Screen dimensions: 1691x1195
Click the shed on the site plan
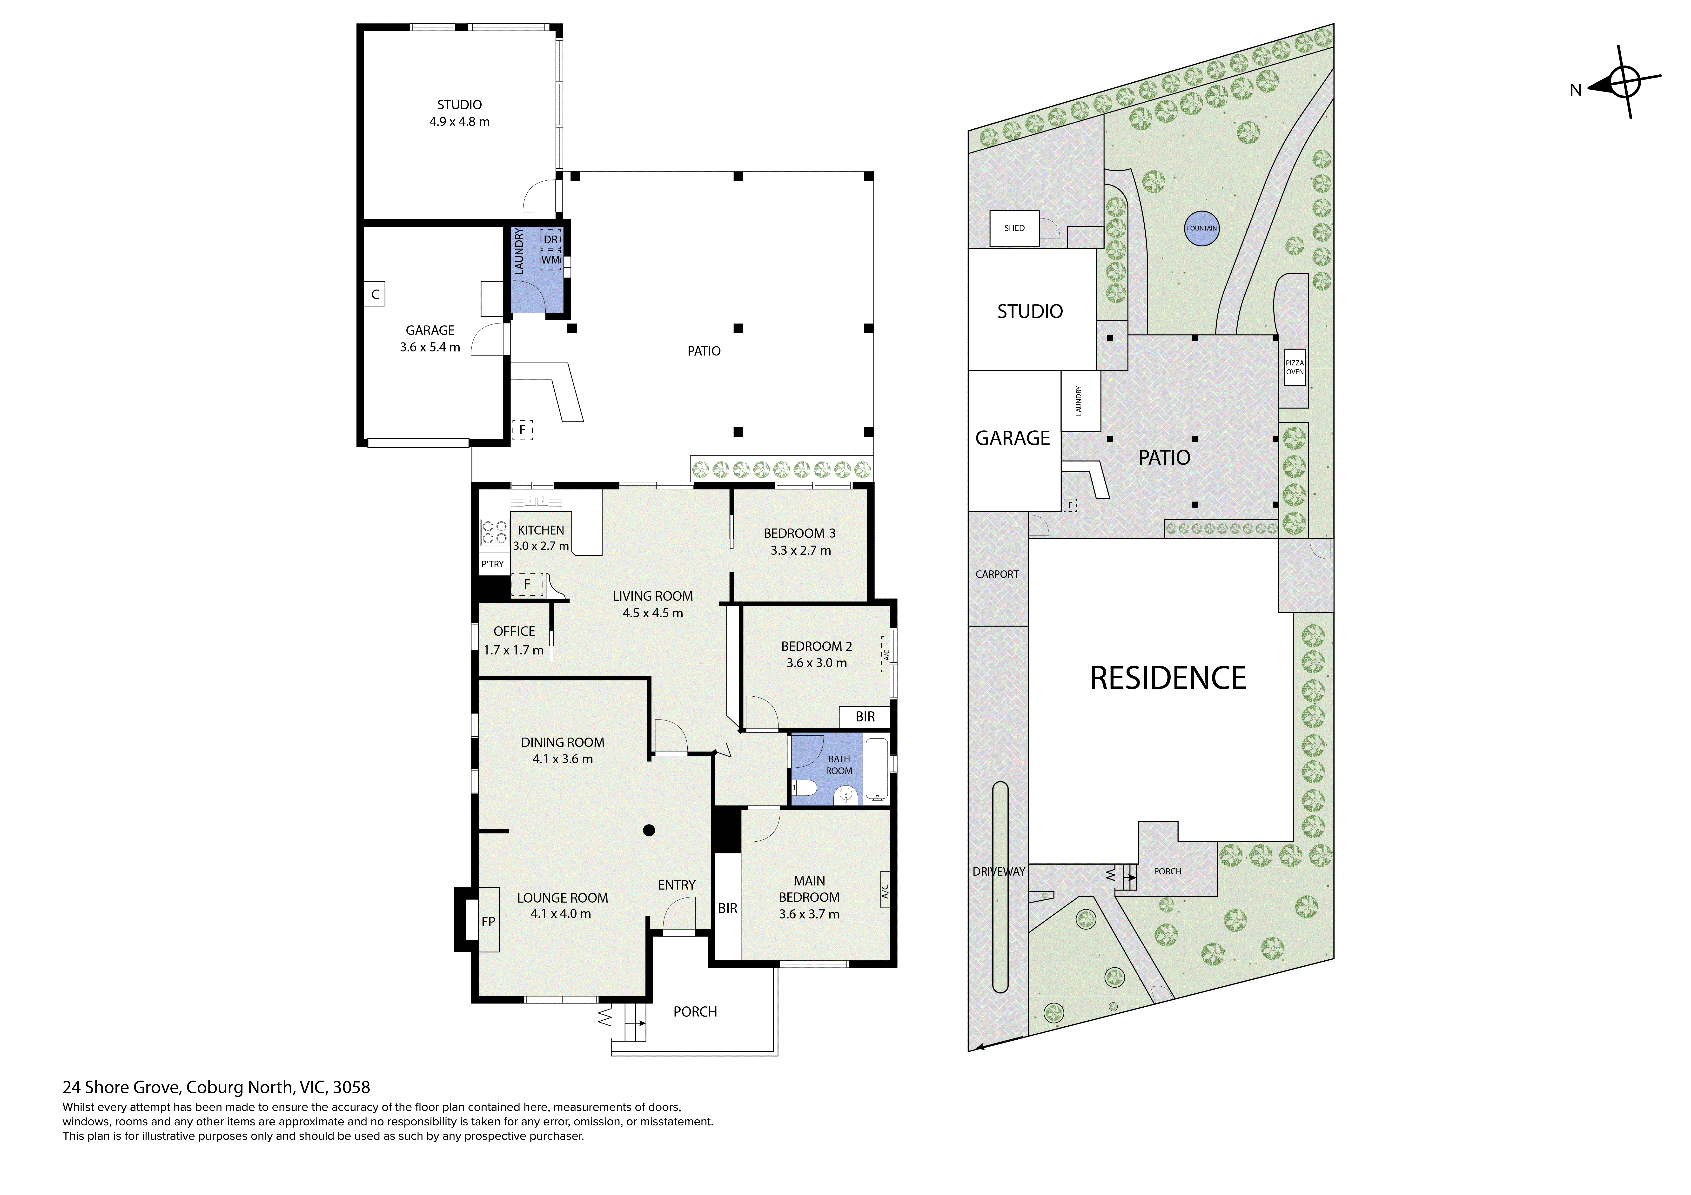[1014, 228]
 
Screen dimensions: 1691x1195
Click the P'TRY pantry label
[493, 564]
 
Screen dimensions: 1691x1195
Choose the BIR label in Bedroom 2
[866, 716]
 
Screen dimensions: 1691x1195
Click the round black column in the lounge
[649, 831]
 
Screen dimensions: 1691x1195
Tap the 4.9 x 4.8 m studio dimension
[460, 121]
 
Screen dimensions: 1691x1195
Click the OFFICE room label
[514, 631]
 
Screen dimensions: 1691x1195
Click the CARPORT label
[997, 574]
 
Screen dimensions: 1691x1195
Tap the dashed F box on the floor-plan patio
[522, 429]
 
